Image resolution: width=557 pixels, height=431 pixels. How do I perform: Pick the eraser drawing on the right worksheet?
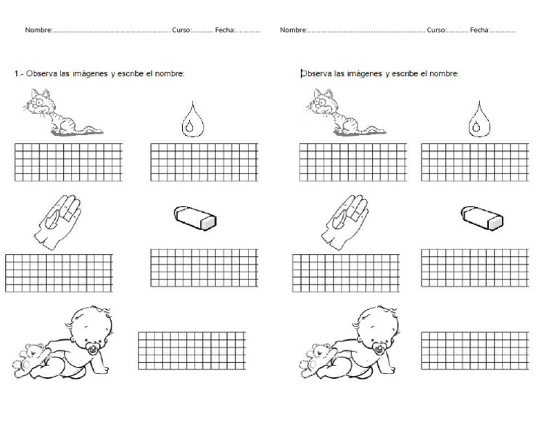482,217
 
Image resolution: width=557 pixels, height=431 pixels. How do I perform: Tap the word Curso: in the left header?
181,30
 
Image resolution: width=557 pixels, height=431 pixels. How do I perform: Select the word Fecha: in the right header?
479,30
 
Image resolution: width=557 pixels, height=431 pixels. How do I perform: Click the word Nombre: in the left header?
38,30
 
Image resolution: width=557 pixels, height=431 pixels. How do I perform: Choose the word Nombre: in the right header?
293,30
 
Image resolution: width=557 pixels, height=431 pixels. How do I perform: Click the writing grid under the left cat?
68,162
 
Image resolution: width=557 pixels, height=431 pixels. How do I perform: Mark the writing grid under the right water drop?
474,162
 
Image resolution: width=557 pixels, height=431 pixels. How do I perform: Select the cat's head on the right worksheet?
319,101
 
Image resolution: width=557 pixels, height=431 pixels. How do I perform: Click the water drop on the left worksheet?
191,120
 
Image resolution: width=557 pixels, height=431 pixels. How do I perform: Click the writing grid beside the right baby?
474,350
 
